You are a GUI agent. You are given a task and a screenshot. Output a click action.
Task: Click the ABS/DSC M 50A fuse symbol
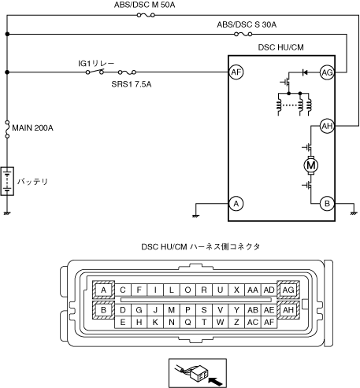click(x=146, y=15)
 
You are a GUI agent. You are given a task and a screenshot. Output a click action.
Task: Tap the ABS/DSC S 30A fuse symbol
click(x=243, y=34)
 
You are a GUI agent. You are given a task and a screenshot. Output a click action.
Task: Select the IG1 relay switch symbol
click(x=95, y=72)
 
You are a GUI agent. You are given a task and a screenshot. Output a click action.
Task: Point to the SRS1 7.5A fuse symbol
click(x=127, y=72)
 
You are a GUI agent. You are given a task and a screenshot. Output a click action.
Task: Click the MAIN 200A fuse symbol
click(x=7, y=129)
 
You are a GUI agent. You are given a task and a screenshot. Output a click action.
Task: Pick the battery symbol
click(x=7, y=181)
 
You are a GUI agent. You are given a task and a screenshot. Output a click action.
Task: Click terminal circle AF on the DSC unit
click(x=236, y=72)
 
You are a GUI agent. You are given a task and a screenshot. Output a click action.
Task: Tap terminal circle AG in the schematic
click(x=327, y=72)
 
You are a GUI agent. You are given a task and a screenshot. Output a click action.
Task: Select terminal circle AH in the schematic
click(x=327, y=126)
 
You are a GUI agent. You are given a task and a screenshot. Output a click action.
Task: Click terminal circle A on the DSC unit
click(x=236, y=204)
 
